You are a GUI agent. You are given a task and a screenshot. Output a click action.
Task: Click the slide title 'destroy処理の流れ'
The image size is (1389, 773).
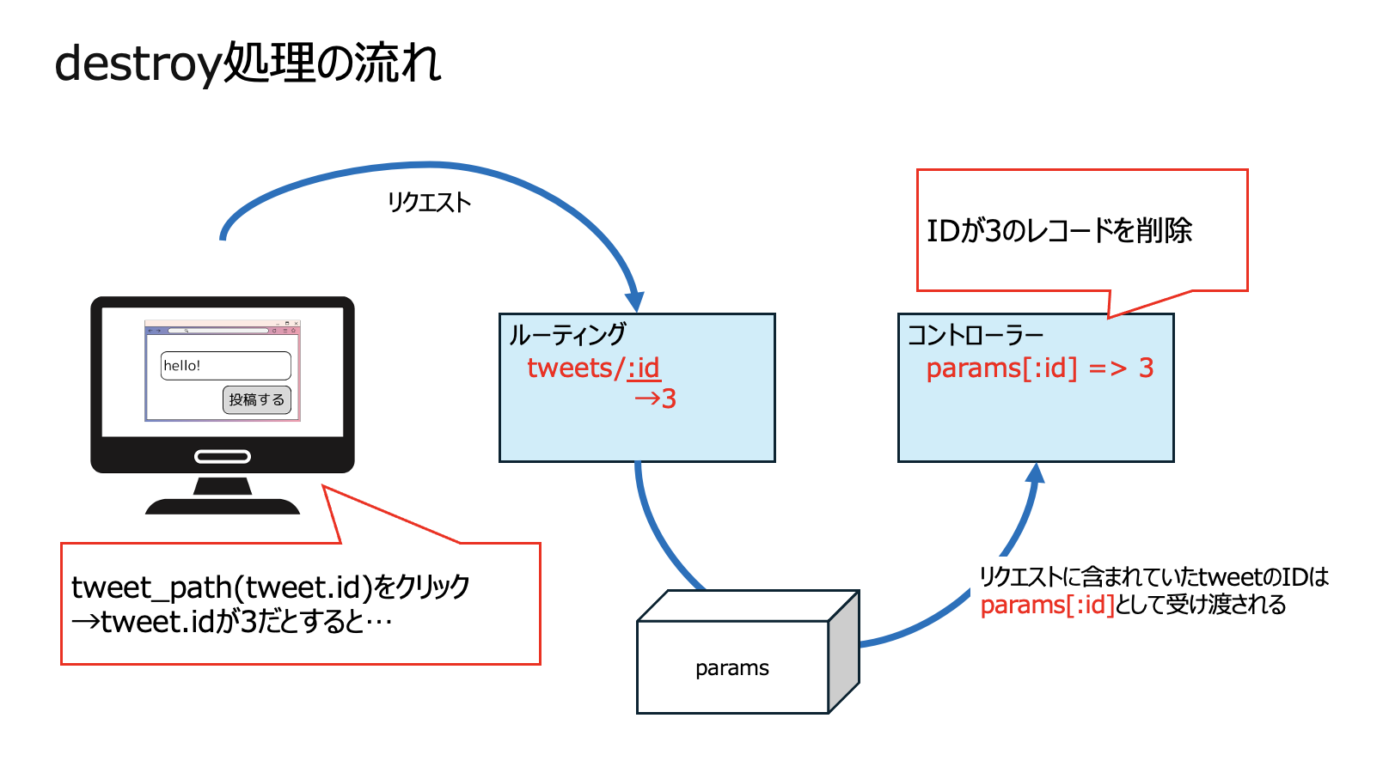248,64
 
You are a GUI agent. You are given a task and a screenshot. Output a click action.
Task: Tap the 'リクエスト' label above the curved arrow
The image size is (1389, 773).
429,203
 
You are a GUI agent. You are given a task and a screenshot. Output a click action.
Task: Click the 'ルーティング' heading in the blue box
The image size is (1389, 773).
567,334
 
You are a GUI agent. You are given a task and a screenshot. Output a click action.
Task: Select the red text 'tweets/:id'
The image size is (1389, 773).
593,368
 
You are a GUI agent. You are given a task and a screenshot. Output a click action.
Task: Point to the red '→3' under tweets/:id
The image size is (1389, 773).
655,399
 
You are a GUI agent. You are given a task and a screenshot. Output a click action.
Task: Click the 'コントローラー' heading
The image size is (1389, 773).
975,334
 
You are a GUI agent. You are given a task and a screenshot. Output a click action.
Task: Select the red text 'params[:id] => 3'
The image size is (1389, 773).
1039,368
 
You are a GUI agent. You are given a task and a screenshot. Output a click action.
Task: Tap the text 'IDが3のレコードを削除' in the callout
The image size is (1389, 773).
1059,230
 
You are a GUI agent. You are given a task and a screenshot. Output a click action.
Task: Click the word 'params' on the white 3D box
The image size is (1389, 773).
732,668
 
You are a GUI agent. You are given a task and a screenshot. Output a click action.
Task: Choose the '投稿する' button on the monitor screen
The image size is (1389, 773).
257,399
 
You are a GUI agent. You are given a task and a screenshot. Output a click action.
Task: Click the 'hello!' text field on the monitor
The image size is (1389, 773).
225,365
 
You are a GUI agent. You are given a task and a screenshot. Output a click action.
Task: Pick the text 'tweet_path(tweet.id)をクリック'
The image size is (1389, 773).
270,587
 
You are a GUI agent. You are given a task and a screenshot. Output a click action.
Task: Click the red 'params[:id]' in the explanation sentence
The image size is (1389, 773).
1047,606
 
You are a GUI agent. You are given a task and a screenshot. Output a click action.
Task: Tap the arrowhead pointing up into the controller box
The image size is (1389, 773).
1036,473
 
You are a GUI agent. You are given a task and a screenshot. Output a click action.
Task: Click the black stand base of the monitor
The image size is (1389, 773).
223,506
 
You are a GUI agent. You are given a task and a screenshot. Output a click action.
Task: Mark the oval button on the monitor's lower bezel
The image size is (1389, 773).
223,456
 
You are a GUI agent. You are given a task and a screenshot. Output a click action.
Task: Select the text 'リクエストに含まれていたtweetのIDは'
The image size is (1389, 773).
1153,576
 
